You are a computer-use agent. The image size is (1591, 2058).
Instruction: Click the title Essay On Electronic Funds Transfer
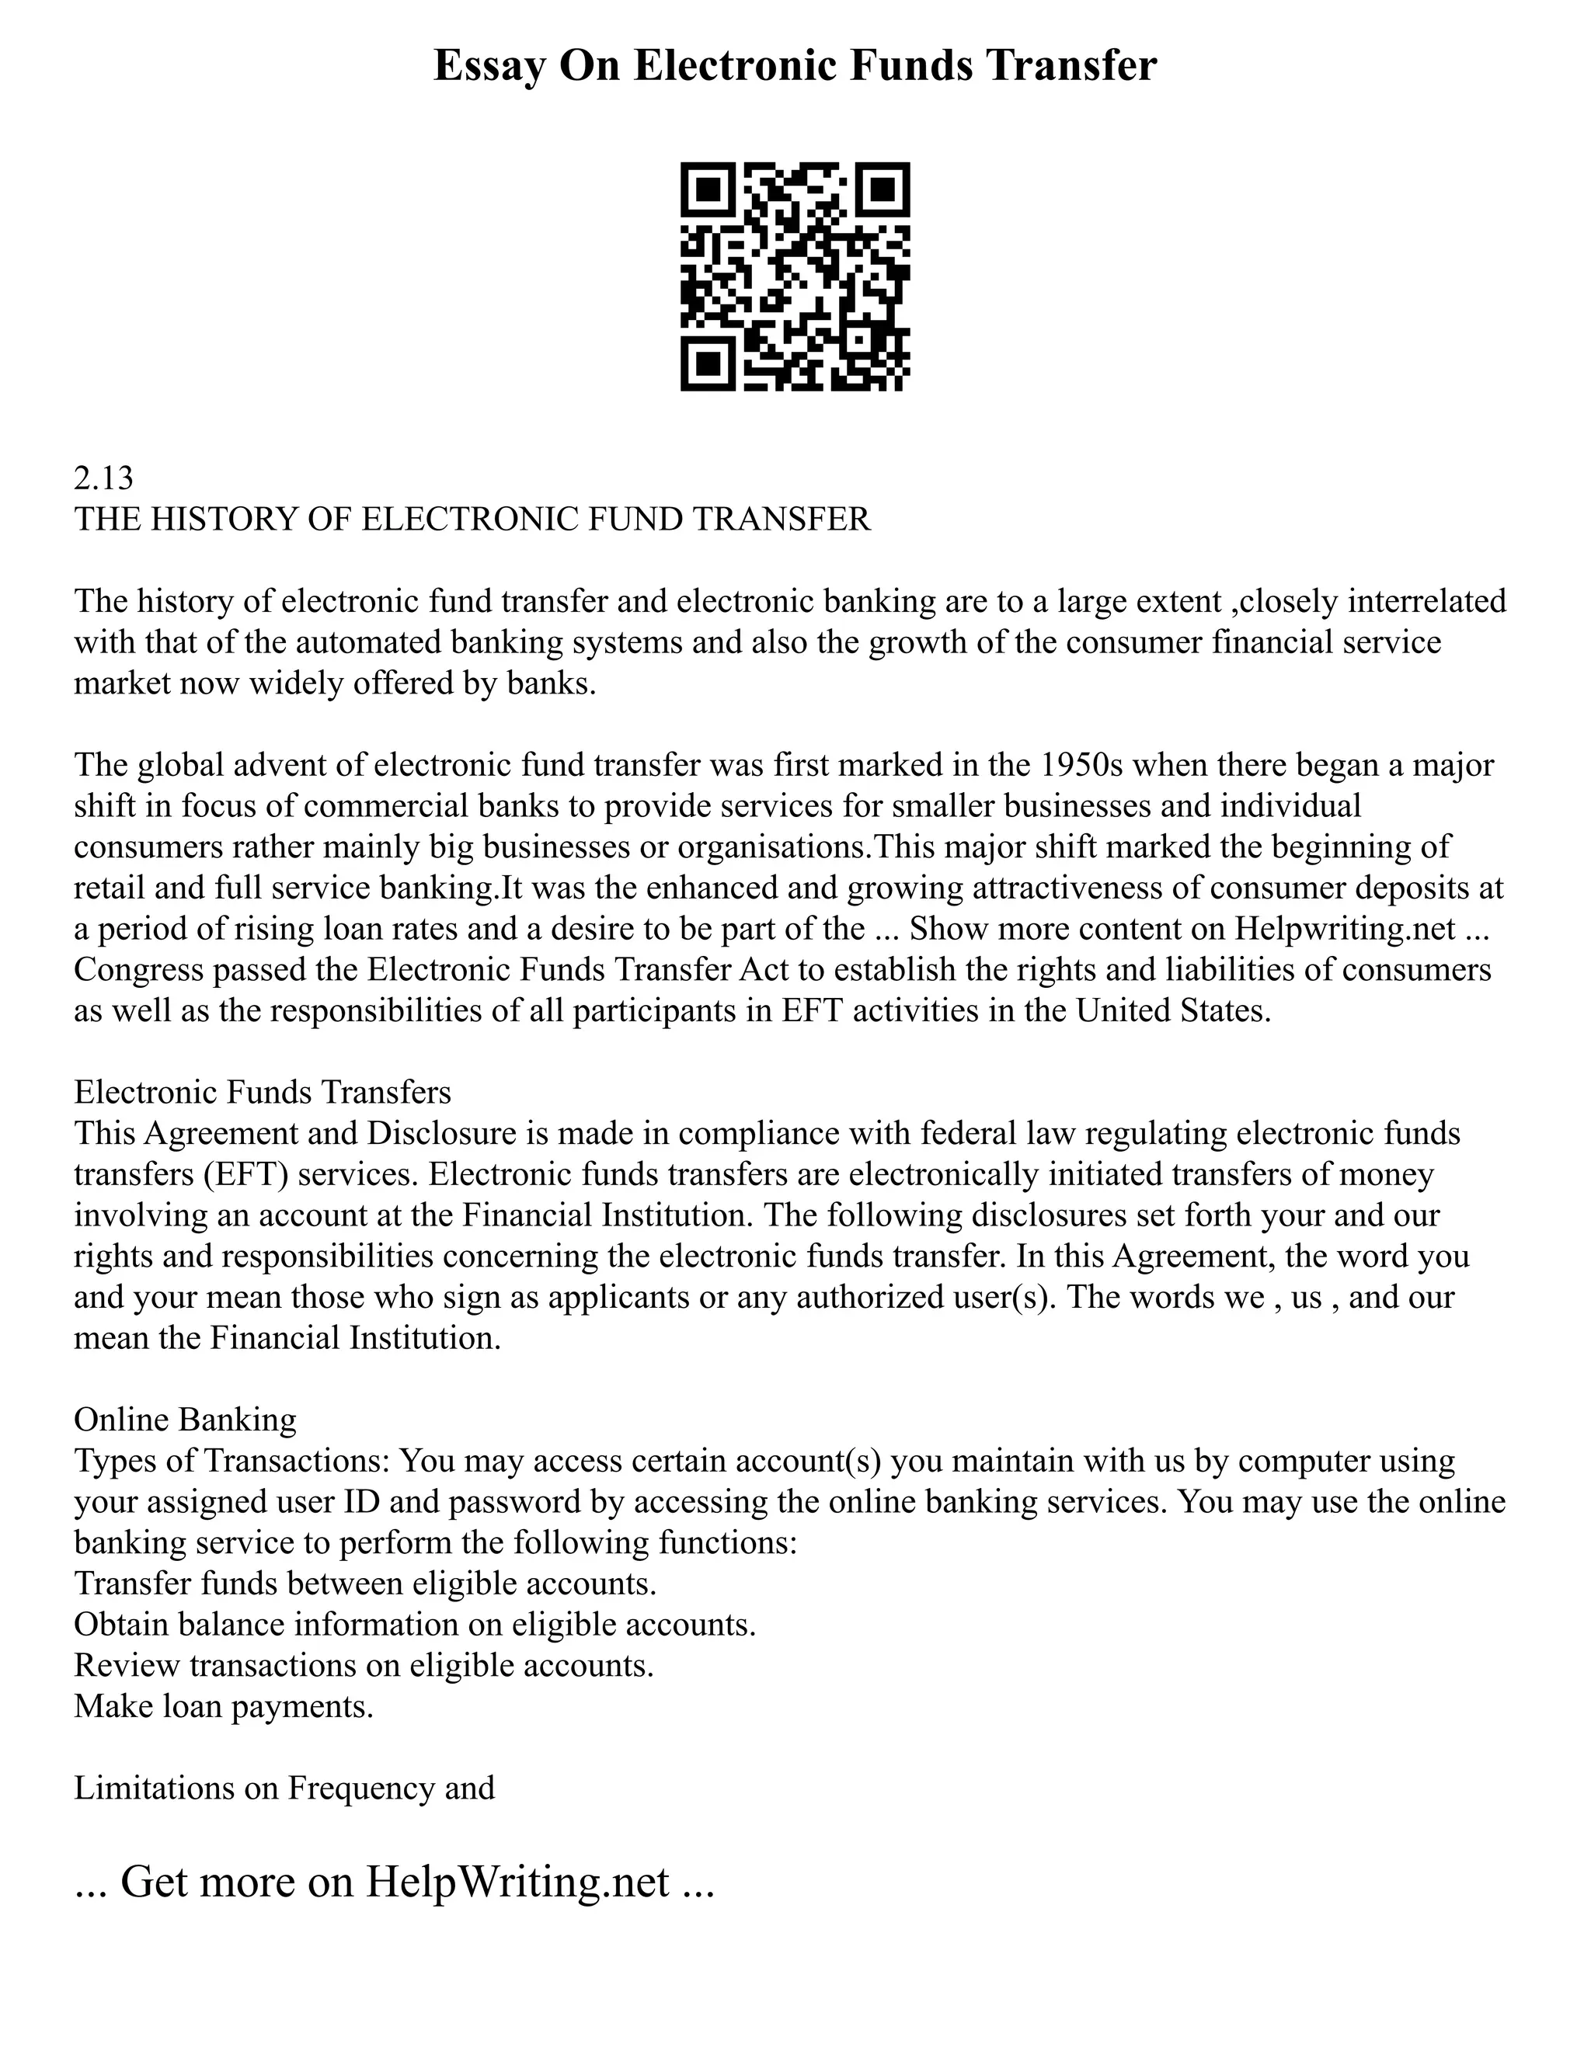795,67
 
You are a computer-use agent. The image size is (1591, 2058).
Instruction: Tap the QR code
795,276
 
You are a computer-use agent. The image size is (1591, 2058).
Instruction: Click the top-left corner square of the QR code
708,190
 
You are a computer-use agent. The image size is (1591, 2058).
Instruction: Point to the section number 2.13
103,478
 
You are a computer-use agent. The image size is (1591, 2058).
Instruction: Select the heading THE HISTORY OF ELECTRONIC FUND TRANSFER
472,520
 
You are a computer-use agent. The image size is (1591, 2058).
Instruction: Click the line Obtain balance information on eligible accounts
415,1625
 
